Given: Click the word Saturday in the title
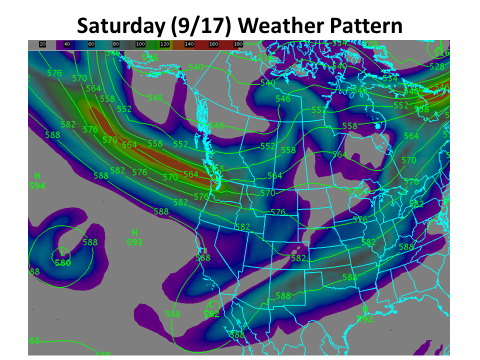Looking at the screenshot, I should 119,25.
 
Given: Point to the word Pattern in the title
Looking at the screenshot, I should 364,25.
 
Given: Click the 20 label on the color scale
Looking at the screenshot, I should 42,44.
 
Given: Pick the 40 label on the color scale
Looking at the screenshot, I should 67,44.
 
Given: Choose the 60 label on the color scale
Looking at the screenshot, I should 91,44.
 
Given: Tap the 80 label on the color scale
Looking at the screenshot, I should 116,44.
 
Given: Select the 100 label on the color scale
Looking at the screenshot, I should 140,44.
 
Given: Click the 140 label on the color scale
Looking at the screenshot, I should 189,44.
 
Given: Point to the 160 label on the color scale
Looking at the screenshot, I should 214,44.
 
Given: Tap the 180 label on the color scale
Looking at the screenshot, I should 238,44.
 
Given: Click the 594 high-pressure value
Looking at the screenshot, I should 37,186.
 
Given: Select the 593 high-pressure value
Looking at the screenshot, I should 134,242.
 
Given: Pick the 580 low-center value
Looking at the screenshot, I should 63,262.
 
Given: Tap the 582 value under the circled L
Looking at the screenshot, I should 212,314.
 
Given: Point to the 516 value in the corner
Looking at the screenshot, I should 442,53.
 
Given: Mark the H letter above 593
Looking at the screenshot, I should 134,232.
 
